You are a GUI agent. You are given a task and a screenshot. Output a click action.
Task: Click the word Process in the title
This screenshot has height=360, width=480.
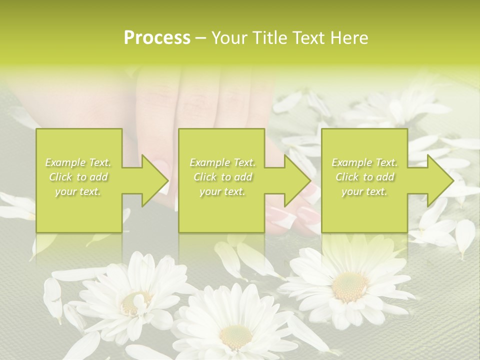[157, 38]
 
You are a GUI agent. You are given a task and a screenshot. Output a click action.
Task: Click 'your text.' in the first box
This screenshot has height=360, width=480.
[78, 191]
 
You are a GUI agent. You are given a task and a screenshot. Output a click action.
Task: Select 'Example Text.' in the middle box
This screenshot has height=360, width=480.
[222, 162]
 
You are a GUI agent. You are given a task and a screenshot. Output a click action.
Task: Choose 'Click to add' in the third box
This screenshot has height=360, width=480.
[365, 177]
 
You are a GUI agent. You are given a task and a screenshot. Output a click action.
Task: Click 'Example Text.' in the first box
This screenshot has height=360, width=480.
[78, 162]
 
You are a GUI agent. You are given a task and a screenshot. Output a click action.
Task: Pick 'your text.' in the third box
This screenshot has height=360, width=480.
[365, 191]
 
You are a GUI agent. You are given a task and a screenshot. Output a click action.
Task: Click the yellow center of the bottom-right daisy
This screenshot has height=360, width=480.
[349, 286]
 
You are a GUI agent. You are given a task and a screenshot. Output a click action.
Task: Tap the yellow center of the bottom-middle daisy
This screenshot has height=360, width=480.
[235, 336]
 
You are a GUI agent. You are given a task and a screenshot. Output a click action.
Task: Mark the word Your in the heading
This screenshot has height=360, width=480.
[229, 38]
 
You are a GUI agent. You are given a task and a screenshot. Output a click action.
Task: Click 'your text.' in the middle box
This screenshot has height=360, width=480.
[222, 191]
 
